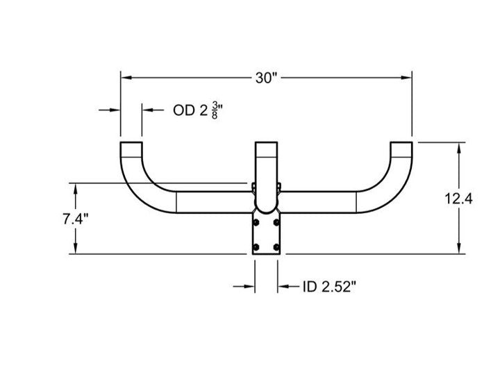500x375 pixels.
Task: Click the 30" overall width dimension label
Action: (266, 78)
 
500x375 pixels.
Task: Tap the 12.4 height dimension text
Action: (458, 199)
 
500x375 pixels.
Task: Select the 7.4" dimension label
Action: (76, 219)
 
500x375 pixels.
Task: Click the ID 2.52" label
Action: (329, 287)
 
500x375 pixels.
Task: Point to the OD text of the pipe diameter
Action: (183, 110)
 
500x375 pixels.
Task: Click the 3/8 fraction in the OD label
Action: (215, 110)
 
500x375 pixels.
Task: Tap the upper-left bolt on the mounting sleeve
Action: (256, 222)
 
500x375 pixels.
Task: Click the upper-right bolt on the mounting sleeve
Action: (276, 222)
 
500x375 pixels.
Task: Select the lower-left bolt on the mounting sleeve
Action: (256, 247)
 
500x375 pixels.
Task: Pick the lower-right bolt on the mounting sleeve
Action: (276, 247)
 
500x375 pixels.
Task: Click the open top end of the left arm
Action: (131, 142)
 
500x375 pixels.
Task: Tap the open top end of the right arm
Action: (401, 142)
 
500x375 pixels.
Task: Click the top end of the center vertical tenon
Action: (266, 142)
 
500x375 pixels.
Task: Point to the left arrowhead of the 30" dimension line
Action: (126, 78)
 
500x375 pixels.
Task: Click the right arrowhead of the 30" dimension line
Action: (406, 78)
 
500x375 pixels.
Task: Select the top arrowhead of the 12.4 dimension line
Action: (459, 148)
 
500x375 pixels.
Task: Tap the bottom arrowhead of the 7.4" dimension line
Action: (76, 249)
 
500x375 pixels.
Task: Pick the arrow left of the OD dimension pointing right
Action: (109, 110)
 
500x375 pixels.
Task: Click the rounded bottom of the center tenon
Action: (266, 212)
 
